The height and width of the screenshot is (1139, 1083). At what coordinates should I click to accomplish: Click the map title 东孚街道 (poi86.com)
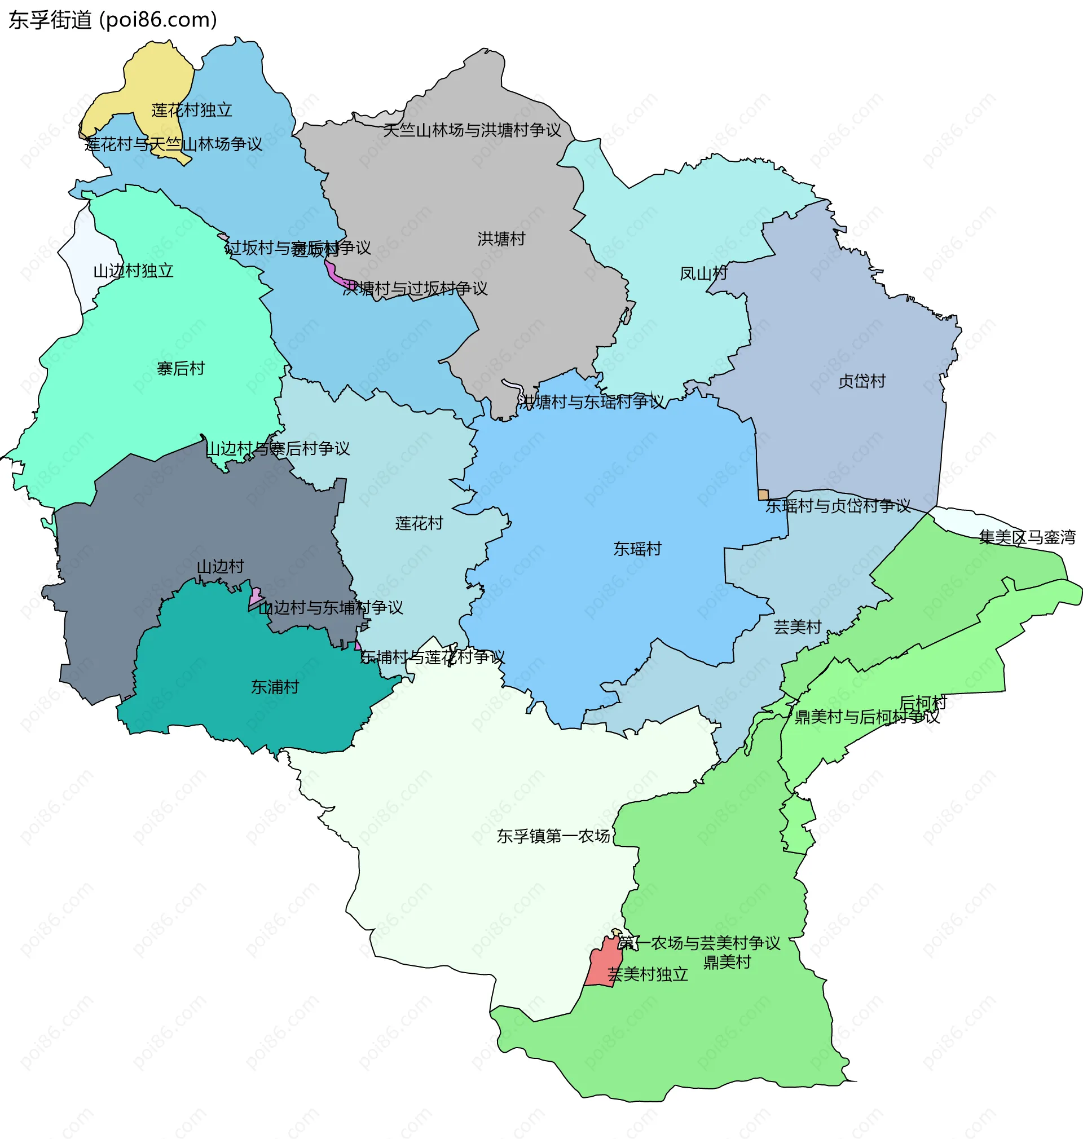(113, 20)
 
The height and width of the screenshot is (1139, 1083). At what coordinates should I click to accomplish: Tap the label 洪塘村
(501, 239)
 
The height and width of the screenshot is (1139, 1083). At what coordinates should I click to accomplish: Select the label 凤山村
(703, 273)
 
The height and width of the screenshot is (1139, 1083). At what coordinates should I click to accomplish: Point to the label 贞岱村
(861, 381)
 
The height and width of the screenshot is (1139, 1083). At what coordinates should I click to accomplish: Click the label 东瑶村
(637, 549)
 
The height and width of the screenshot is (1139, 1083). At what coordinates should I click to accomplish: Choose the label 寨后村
(180, 369)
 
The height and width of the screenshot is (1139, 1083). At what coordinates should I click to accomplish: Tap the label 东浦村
(275, 687)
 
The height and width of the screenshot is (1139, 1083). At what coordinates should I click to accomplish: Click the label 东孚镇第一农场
(553, 836)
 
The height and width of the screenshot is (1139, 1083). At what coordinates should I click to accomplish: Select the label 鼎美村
(727, 963)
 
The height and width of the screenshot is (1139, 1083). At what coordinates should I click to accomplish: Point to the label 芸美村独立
(648, 974)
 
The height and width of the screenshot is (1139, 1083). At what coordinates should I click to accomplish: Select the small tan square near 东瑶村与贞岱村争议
(763, 495)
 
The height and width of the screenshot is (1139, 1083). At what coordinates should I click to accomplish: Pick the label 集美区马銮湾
(1027, 538)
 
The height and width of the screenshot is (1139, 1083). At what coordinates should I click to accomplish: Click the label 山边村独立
(133, 271)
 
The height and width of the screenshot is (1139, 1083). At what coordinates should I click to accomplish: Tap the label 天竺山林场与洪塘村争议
(472, 130)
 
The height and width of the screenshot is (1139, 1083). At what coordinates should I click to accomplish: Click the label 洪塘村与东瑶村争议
(591, 402)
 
